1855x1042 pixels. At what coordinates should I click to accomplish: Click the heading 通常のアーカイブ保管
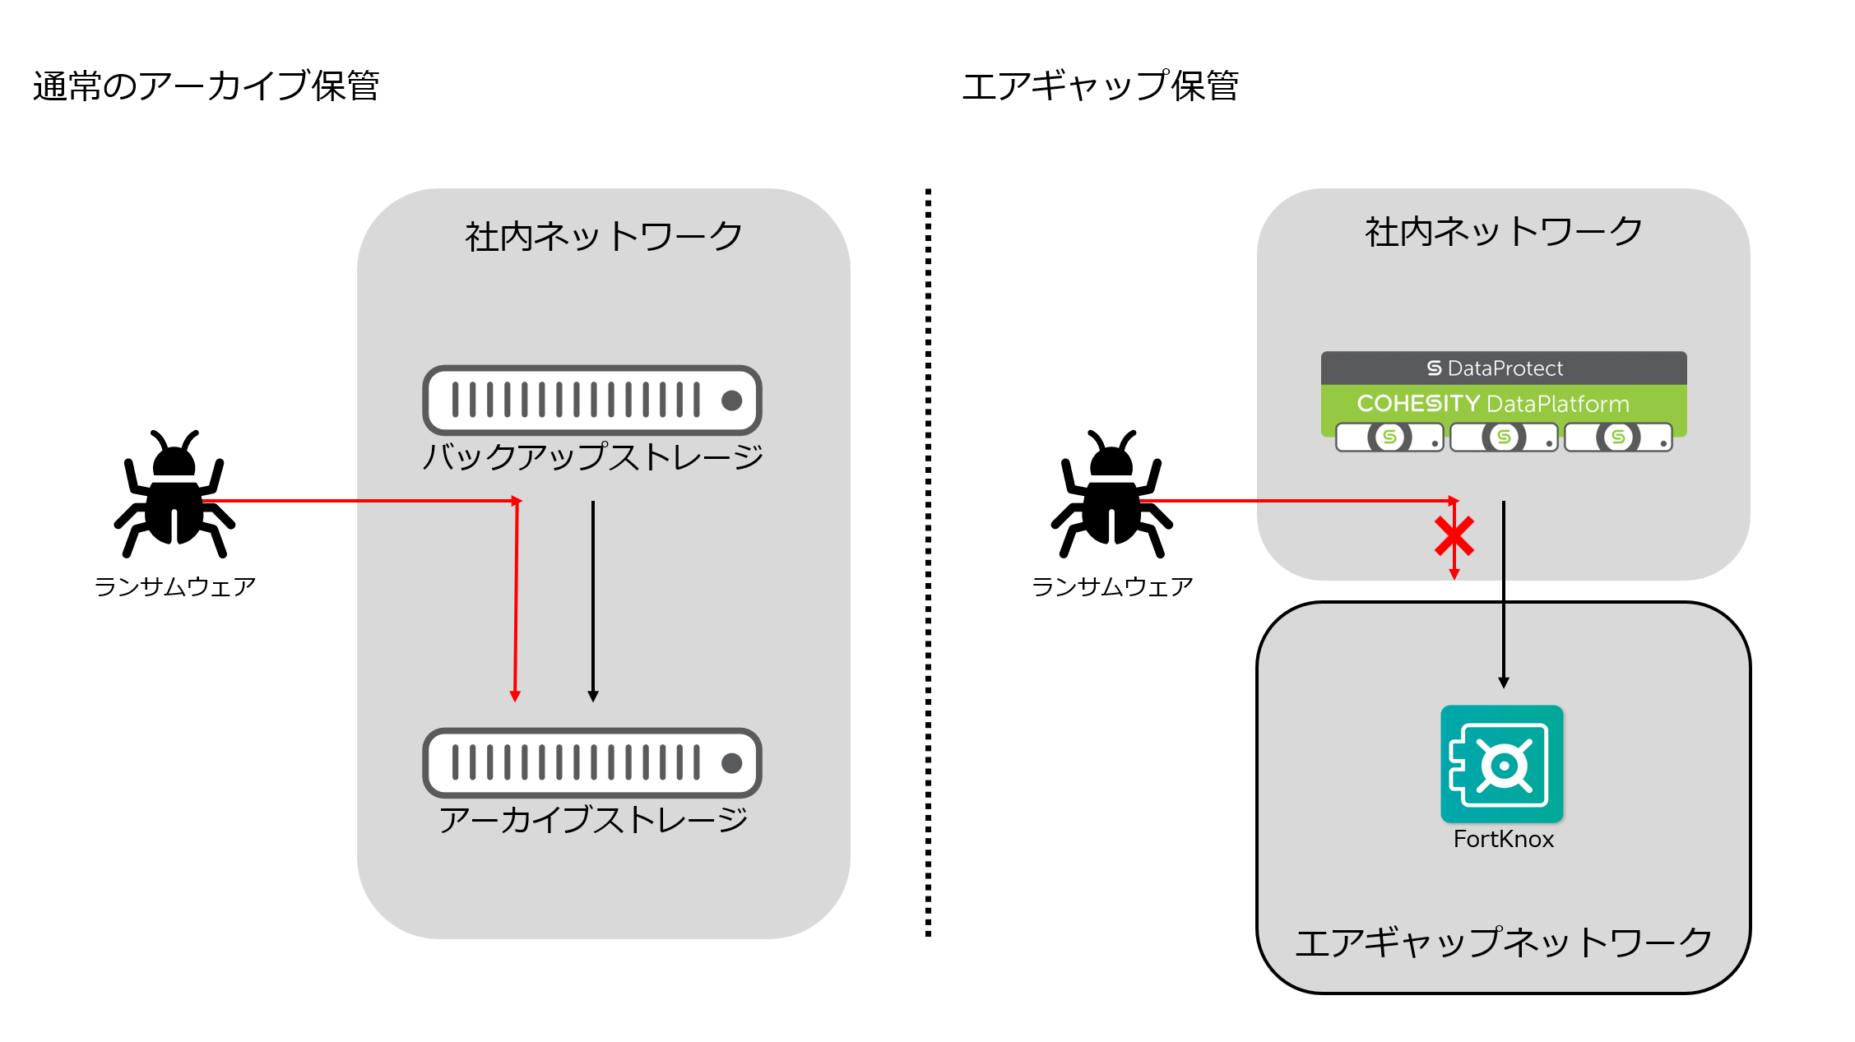(206, 86)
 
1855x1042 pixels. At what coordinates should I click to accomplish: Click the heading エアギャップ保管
(1100, 86)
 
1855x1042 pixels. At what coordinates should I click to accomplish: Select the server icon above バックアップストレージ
(592, 401)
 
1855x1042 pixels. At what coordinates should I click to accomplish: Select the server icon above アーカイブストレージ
(592, 763)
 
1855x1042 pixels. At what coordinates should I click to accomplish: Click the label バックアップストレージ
(592, 457)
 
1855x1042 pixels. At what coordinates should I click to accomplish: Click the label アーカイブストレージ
(592, 820)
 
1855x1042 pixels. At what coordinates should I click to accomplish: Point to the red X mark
(1454, 536)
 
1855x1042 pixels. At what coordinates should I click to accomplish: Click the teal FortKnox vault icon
(1502, 764)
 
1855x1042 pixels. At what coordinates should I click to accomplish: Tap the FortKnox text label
(1503, 840)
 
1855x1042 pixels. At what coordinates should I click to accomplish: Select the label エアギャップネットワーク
(1503, 942)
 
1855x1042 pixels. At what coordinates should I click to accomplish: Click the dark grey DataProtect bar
(1503, 368)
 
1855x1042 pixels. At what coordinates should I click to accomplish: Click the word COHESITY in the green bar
(1417, 404)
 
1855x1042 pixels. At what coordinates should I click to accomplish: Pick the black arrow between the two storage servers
(593, 600)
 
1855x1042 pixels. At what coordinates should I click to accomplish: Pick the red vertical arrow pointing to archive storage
(516, 600)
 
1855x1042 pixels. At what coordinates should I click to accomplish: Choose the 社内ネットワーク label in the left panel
(603, 237)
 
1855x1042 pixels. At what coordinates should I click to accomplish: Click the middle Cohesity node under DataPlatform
(1503, 437)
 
